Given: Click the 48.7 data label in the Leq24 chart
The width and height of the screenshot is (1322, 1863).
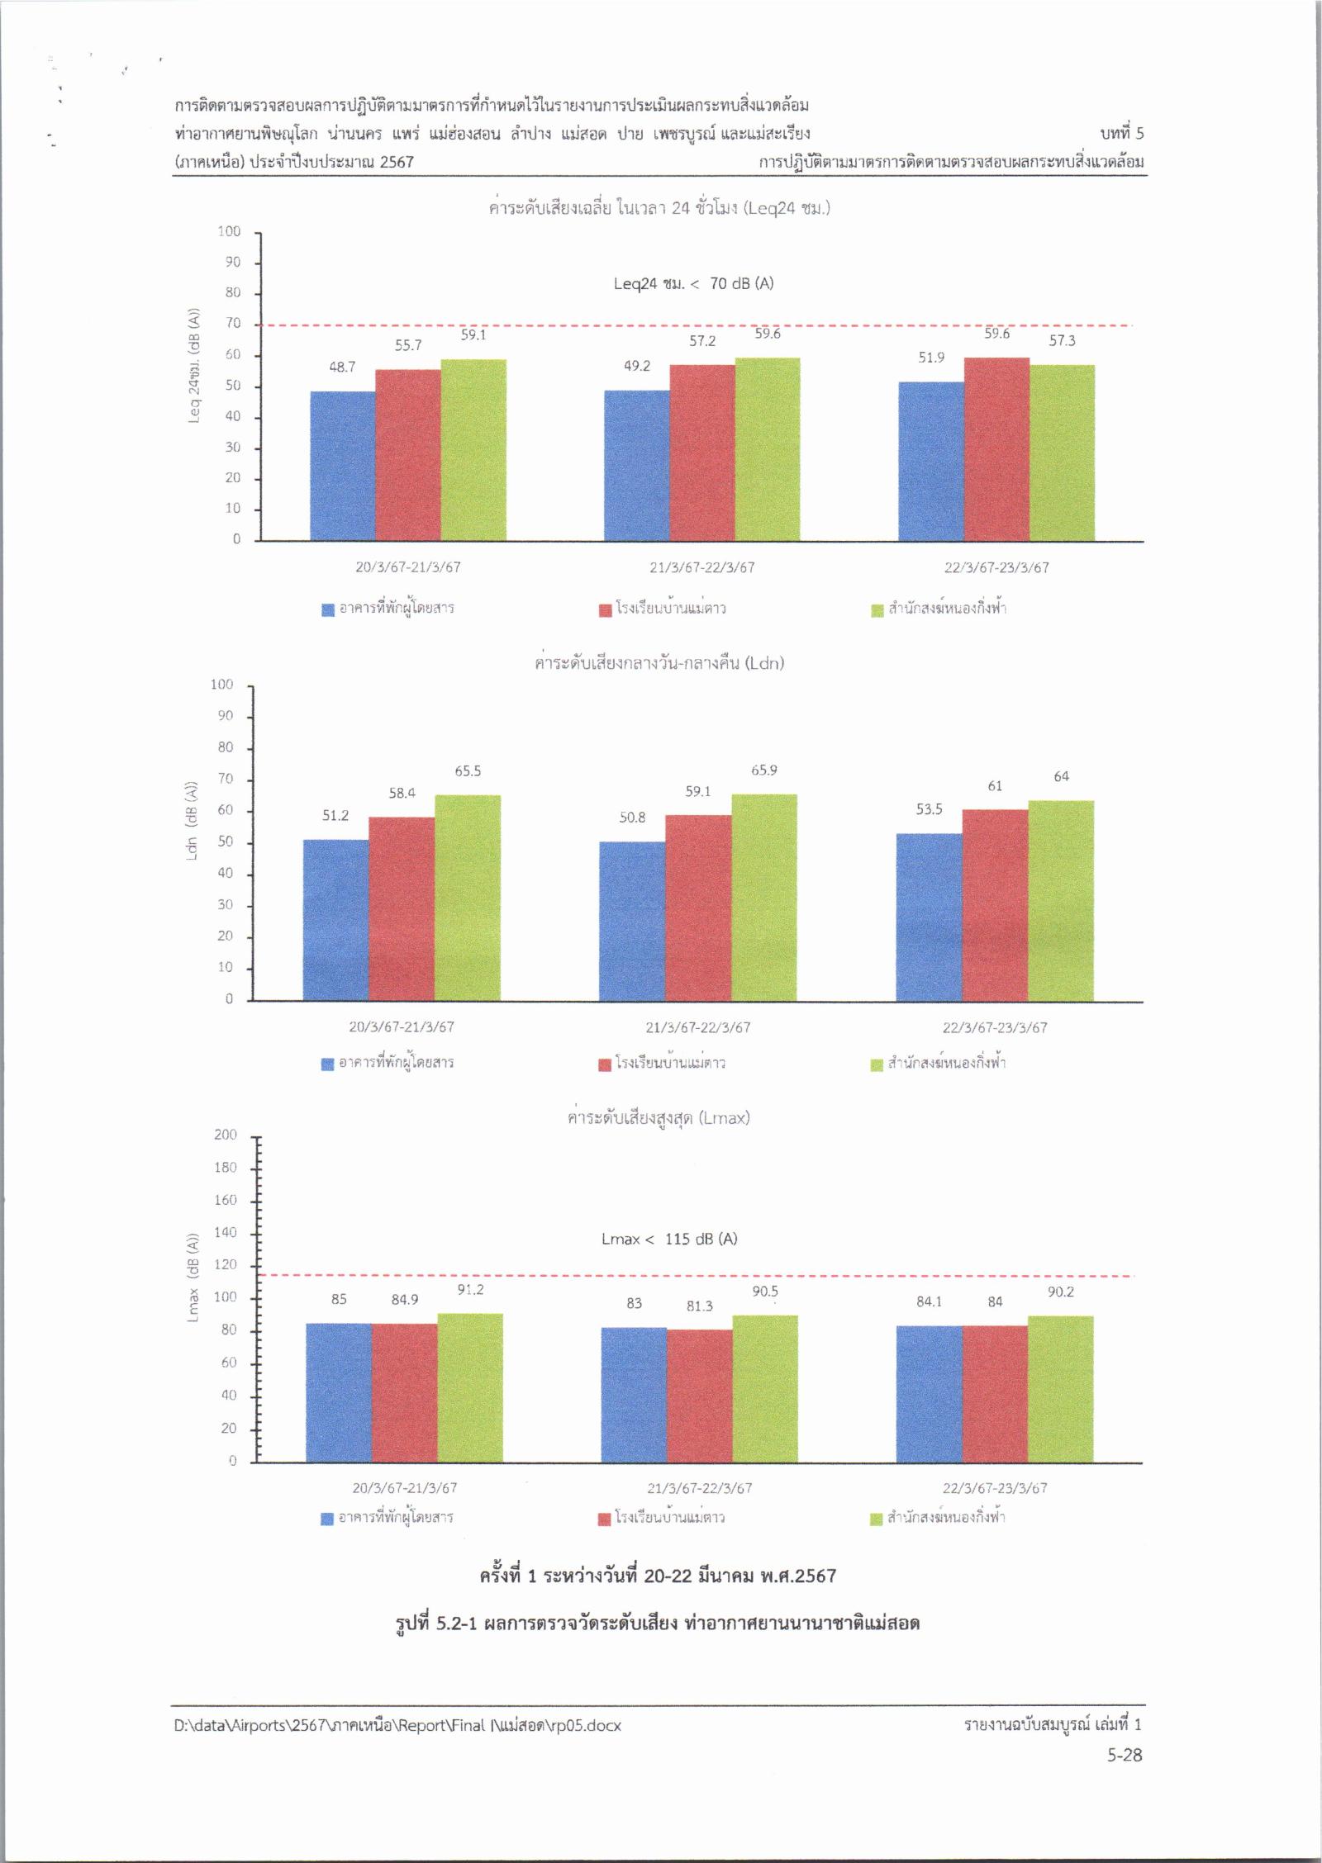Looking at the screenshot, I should [342, 367].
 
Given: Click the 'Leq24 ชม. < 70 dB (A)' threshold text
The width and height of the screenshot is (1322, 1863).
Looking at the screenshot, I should [693, 283].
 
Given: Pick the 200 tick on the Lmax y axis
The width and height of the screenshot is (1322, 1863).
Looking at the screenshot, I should [226, 1135].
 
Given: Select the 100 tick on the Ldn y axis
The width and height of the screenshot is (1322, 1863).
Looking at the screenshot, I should [222, 685].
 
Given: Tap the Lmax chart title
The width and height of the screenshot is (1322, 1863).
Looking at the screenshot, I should [659, 1118].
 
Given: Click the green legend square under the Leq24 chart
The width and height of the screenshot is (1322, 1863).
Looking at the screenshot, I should [877, 610].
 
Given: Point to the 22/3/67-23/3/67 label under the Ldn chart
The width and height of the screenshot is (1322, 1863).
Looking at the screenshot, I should [994, 1027].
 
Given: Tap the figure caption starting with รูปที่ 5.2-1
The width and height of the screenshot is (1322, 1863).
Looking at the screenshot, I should [659, 1623].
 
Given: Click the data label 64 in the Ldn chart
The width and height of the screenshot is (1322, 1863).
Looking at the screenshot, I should [1061, 776].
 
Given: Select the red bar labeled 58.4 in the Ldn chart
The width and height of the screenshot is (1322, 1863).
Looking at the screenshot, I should [402, 908].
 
